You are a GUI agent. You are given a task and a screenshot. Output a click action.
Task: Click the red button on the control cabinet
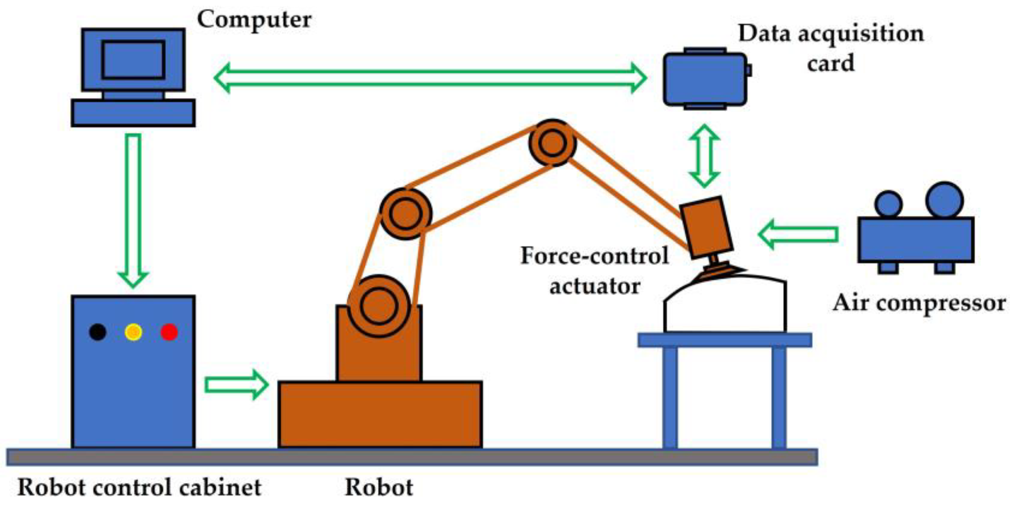coord(169,332)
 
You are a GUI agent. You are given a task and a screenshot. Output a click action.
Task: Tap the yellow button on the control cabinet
coord(133,332)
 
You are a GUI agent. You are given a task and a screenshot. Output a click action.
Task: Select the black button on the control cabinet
coord(98,332)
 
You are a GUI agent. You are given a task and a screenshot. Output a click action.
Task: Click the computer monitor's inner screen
coord(133,60)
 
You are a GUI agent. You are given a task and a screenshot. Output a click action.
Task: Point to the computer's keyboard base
coord(133,113)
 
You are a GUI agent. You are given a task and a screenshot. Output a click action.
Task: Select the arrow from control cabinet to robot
coord(236,385)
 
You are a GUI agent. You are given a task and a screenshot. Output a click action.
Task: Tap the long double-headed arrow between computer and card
coord(430,78)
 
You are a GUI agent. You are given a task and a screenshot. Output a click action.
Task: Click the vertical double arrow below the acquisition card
coord(704,156)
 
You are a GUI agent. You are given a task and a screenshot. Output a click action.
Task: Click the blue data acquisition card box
coord(705,79)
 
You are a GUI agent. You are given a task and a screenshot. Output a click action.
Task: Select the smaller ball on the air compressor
coord(888,204)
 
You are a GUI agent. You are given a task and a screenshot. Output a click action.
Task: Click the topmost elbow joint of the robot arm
coord(552,143)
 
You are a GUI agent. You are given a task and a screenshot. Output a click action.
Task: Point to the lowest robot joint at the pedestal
coord(379,306)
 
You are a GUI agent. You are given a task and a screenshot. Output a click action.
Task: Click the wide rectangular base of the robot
coord(380,414)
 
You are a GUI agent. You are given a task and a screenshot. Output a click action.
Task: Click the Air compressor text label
coord(919,303)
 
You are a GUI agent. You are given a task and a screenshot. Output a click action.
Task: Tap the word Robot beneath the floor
coord(379,487)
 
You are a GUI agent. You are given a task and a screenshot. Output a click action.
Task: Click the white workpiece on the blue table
coord(725,306)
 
